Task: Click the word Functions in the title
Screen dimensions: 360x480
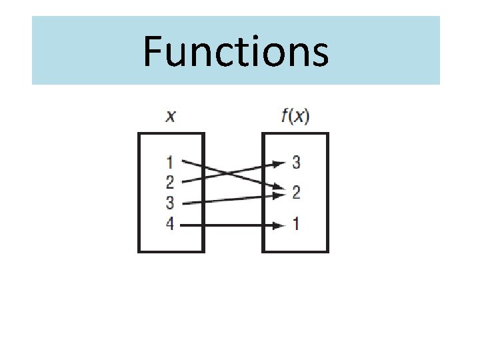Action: (236, 52)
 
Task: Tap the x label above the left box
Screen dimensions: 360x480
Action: (171, 117)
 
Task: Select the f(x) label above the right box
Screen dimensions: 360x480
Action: (295, 117)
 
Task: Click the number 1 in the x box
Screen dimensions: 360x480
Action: (170, 161)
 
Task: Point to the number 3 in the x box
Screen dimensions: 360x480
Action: (170, 203)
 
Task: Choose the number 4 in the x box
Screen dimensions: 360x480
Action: (170, 225)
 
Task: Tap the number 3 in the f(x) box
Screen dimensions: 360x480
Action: (296, 161)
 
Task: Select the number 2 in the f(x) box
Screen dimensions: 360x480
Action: (296, 193)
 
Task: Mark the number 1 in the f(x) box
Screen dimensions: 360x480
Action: (296, 225)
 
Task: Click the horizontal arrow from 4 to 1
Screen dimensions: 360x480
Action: (227, 225)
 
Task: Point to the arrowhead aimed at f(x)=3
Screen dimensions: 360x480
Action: (279, 163)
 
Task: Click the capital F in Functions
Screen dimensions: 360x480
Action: (153, 52)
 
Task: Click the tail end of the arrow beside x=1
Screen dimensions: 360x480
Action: (183, 161)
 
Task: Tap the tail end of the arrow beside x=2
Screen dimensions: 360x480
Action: (183, 181)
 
